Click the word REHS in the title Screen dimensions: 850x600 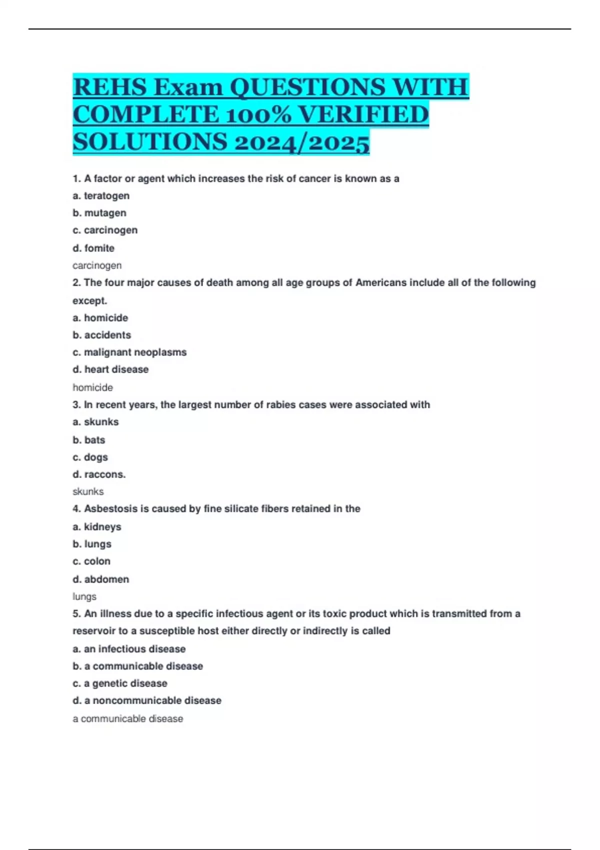coord(110,87)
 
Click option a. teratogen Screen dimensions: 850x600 coord(101,196)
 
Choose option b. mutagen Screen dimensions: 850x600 coord(99,213)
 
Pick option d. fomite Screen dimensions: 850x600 coord(93,248)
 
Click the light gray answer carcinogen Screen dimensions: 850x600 coord(97,265)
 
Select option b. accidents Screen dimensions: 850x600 coord(102,335)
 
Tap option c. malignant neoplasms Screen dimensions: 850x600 coord(129,352)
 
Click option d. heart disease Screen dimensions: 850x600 coord(110,369)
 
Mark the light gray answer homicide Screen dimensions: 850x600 coord(92,387)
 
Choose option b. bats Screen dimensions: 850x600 coord(89,440)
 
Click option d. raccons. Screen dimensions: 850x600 coord(99,474)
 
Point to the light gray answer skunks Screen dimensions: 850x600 coord(88,491)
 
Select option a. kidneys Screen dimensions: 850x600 coord(97,526)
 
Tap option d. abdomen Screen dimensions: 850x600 coord(100,579)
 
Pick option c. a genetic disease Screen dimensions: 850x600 coord(120,683)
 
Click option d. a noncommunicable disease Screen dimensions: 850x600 coord(147,700)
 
